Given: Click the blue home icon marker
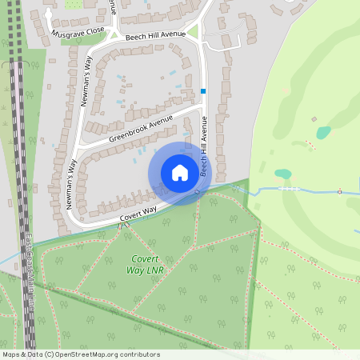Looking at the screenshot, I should pyautogui.click(x=180, y=173).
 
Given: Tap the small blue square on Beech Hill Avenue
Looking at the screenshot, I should pyautogui.click(x=203, y=91).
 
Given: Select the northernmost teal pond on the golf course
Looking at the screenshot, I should pyautogui.click(x=322, y=133).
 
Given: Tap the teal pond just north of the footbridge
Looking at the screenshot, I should pyautogui.click(x=282, y=174).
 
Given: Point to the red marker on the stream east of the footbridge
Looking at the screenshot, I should pyautogui.click(x=339, y=192).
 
